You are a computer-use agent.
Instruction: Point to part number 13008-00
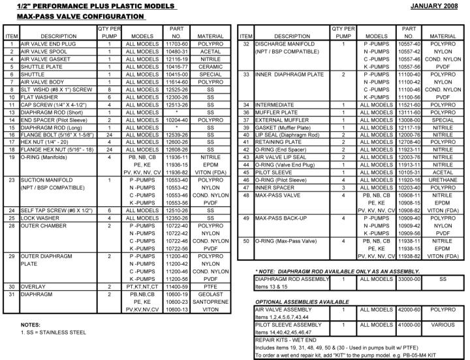(x=408, y=119)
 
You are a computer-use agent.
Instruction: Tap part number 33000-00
(x=408, y=278)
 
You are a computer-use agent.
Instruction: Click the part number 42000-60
(x=408, y=308)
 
